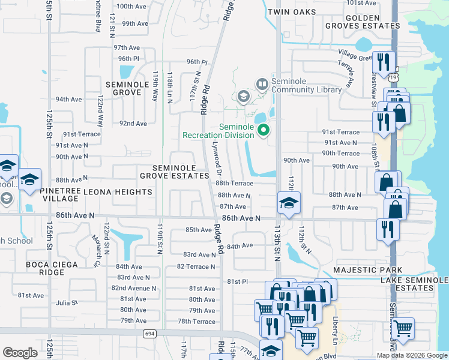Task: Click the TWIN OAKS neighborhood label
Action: pyautogui.click(x=291, y=12)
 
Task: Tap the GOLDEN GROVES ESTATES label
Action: pyautogui.click(x=363, y=21)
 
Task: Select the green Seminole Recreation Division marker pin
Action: pyautogui.click(x=263, y=129)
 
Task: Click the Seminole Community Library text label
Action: pyautogui.click(x=307, y=86)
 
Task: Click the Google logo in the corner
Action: pyautogui.click(x=20, y=353)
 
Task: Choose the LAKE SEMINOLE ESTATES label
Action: pyautogui.click(x=414, y=284)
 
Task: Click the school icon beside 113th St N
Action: pyautogui.click(x=289, y=202)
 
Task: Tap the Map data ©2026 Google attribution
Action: pyautogui.click(x=412, y=355)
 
